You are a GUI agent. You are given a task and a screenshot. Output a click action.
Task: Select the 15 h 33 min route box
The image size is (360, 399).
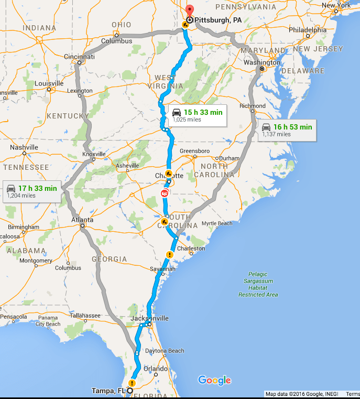tap(198, 115)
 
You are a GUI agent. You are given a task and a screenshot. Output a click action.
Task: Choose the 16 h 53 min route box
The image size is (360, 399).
tap(287, 130)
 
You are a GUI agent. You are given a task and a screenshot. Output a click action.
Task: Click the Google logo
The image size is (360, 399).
tap(214, 380)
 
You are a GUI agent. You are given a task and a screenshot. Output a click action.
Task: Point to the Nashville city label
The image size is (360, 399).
tap(24, 147)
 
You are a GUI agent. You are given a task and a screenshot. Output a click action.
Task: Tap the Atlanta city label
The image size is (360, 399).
tap(83, 220)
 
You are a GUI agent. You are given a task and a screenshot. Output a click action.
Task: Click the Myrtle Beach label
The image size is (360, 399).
tap(217, 223)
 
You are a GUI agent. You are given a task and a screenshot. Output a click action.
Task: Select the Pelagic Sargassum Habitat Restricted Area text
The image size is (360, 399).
tap(258, 284)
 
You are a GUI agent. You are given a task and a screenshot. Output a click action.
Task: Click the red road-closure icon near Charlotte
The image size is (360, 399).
tap(165, 193)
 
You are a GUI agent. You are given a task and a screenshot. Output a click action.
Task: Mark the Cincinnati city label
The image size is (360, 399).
tap(80, 57)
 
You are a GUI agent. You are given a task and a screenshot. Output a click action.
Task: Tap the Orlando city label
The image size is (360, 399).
tap(156, 369)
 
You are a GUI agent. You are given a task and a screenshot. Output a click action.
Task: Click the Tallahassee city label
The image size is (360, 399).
tap(85, 316)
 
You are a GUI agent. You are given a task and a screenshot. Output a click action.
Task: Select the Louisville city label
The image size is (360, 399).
tap(49, 83)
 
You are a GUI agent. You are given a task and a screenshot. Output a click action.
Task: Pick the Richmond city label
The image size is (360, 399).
tap(253, 106)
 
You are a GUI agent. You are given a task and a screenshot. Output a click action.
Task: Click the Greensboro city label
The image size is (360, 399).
tap(195, 151)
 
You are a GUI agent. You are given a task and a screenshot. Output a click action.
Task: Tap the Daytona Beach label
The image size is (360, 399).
tap(165, 350)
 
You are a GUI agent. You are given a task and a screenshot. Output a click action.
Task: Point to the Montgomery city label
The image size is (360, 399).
tap(35, 261)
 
